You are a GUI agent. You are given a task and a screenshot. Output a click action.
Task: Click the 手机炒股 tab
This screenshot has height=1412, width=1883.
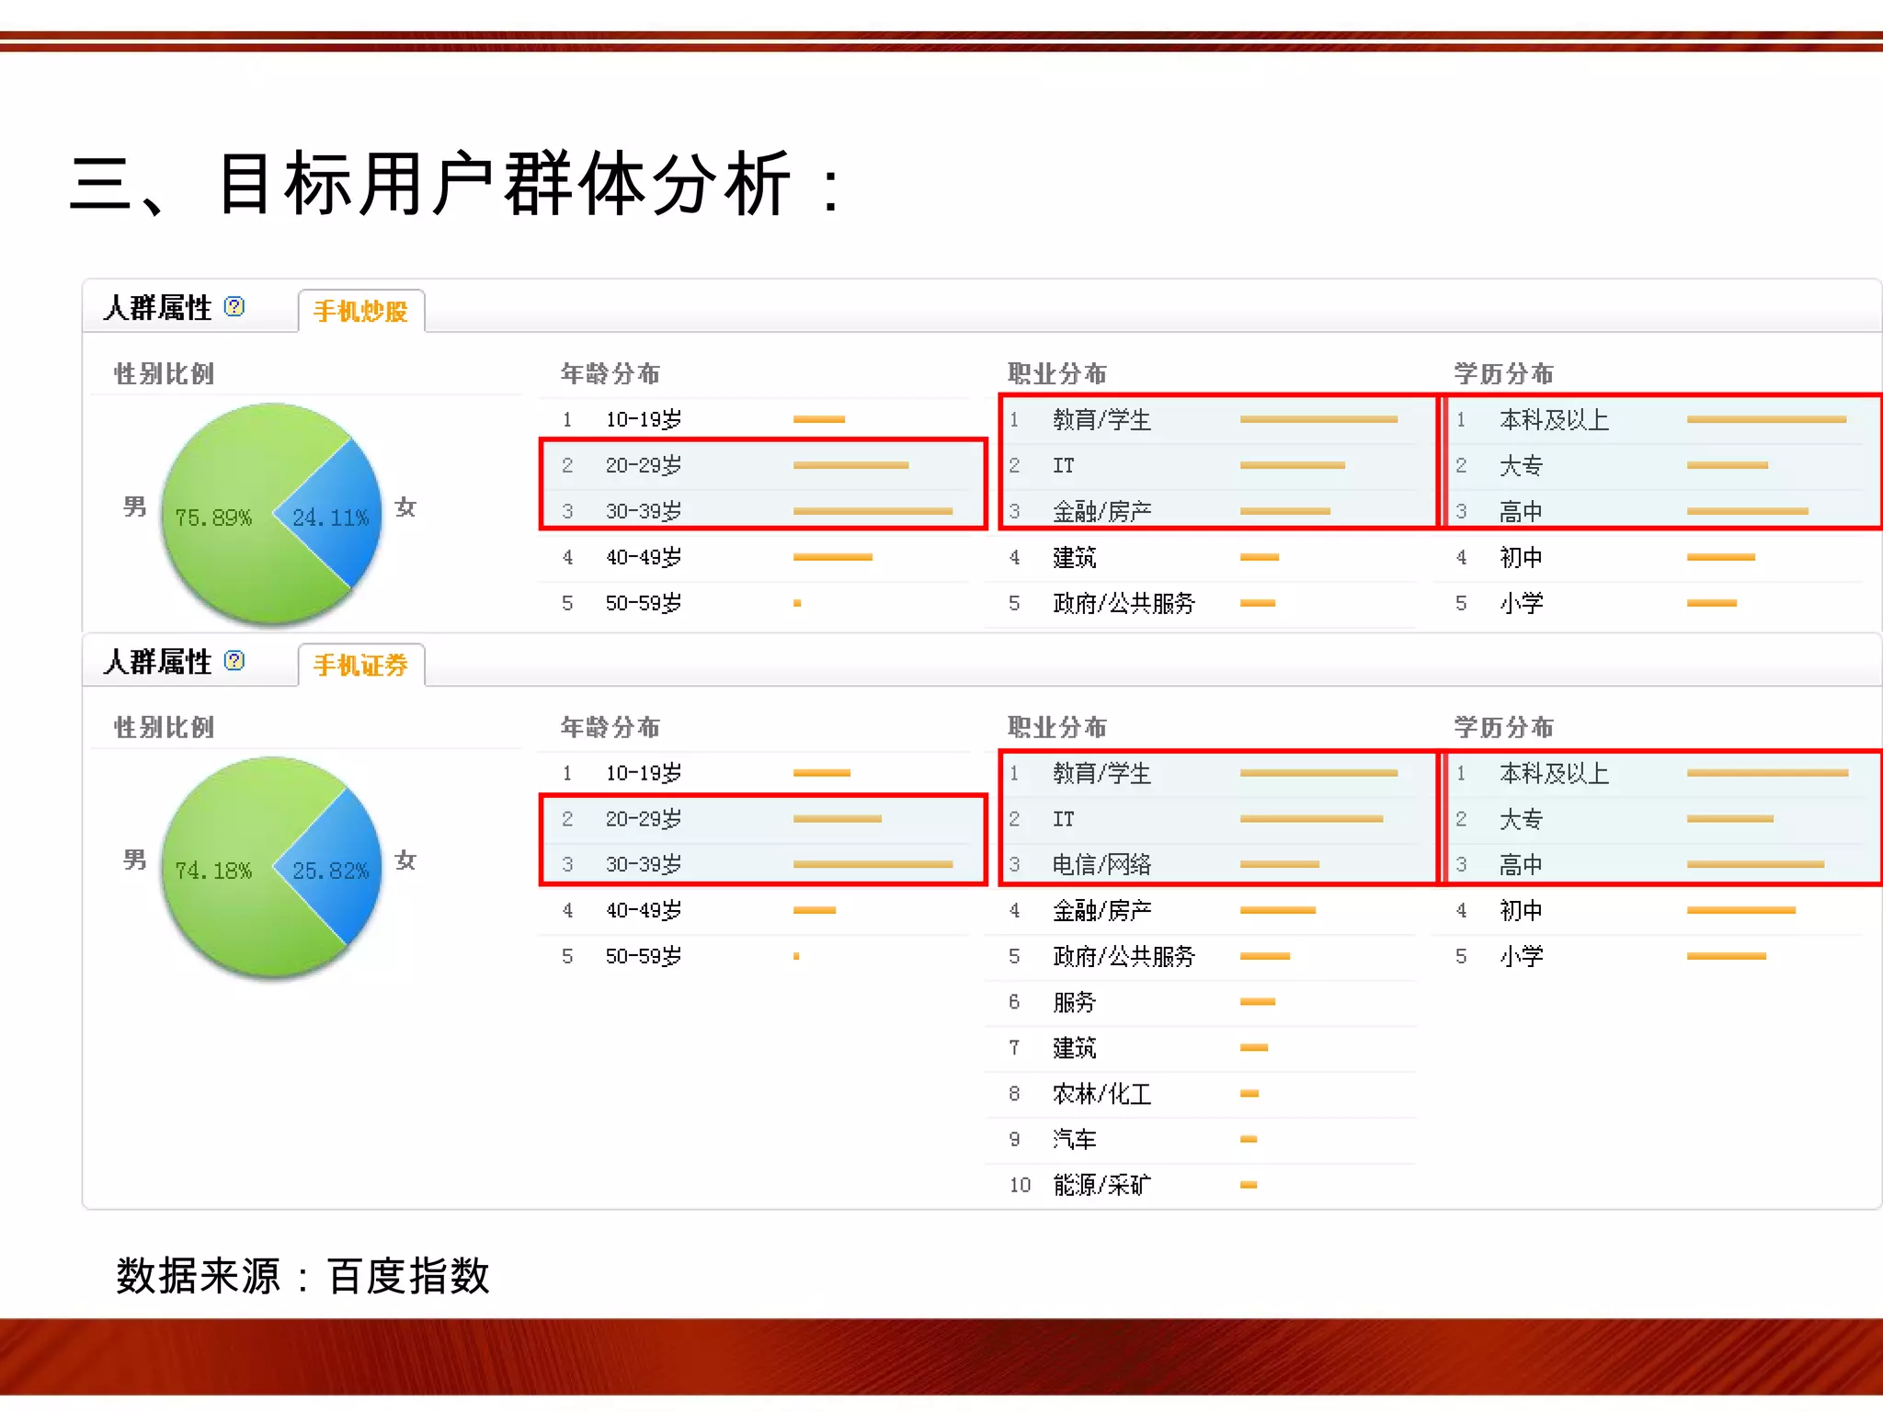coord(360,312)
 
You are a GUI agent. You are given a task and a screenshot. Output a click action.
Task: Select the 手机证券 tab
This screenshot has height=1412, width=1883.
coord(360,666)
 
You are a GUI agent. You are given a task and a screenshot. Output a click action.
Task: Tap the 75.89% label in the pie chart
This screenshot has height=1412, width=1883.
coord(213,518)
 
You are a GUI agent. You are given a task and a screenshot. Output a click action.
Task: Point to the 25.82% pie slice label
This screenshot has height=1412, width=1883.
coord(330,871)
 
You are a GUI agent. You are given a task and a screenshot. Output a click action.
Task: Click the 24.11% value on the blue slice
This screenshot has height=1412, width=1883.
coord(330,518)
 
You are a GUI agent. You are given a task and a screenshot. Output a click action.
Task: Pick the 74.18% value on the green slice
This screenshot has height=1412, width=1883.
coord(213,871)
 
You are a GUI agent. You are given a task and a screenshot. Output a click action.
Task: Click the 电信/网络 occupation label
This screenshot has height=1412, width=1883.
coord(1101,865)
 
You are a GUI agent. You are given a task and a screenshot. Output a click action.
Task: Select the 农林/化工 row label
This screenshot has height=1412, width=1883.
coord(1101,1094)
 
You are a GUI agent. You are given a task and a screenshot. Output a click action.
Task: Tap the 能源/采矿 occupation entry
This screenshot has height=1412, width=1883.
coord(1101,1185)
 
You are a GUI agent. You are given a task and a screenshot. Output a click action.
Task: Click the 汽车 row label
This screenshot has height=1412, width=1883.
coord(1074,1140)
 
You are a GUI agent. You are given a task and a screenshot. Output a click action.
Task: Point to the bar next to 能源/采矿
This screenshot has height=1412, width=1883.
coord(1249,1185)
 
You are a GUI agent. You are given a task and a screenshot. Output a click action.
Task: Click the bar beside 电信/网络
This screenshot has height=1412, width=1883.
coord(1279,865)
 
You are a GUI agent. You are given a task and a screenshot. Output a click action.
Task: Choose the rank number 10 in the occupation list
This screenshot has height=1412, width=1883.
coord(1020,1185)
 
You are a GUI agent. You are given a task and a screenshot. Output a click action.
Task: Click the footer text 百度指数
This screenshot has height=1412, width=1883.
coord(408,1276)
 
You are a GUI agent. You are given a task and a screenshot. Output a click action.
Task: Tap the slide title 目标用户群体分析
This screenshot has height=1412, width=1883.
coord(504,184)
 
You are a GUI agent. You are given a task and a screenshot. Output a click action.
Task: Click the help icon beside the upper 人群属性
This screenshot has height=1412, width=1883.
coord(234,306)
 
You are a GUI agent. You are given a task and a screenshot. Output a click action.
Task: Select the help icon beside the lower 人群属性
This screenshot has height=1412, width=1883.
coord(234,660)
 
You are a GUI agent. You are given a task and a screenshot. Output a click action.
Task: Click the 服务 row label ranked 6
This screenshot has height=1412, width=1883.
coord(1074,1002)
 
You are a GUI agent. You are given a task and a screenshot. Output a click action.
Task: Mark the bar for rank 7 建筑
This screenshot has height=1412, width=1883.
coord(1254,1048)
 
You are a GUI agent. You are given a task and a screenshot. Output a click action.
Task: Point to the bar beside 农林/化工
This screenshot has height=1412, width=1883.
coord(1249,1094)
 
